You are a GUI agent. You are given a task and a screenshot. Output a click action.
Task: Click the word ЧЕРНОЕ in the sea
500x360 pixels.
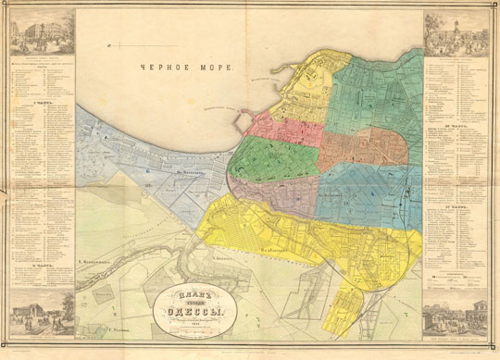click(162, 67)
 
